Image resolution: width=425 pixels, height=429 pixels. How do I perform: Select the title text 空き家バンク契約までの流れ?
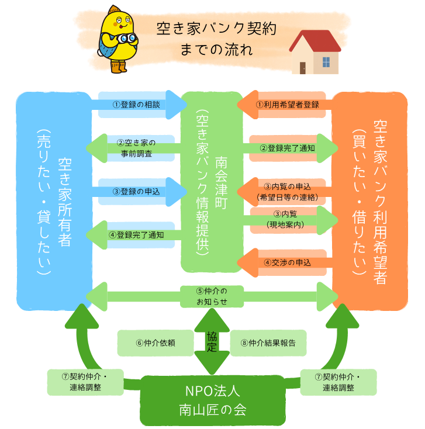(x=216, y=39)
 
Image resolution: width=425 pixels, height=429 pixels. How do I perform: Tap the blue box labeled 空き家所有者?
(x=54, y=199)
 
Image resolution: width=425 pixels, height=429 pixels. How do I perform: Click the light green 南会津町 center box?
(x=211, y=182)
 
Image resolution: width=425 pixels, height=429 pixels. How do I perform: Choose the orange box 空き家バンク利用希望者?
(x=369, y=199)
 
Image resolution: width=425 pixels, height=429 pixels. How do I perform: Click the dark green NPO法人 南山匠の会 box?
(x=213, y=400)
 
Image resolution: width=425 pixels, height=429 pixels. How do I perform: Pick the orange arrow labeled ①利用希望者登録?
(x=286, y=105)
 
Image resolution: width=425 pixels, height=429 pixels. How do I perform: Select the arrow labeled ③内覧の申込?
(x=286, y=191)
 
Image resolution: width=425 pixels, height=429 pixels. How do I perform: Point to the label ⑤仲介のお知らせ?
(x=211, y=296)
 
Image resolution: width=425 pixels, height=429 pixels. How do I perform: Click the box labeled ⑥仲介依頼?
(x=156, y=343)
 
